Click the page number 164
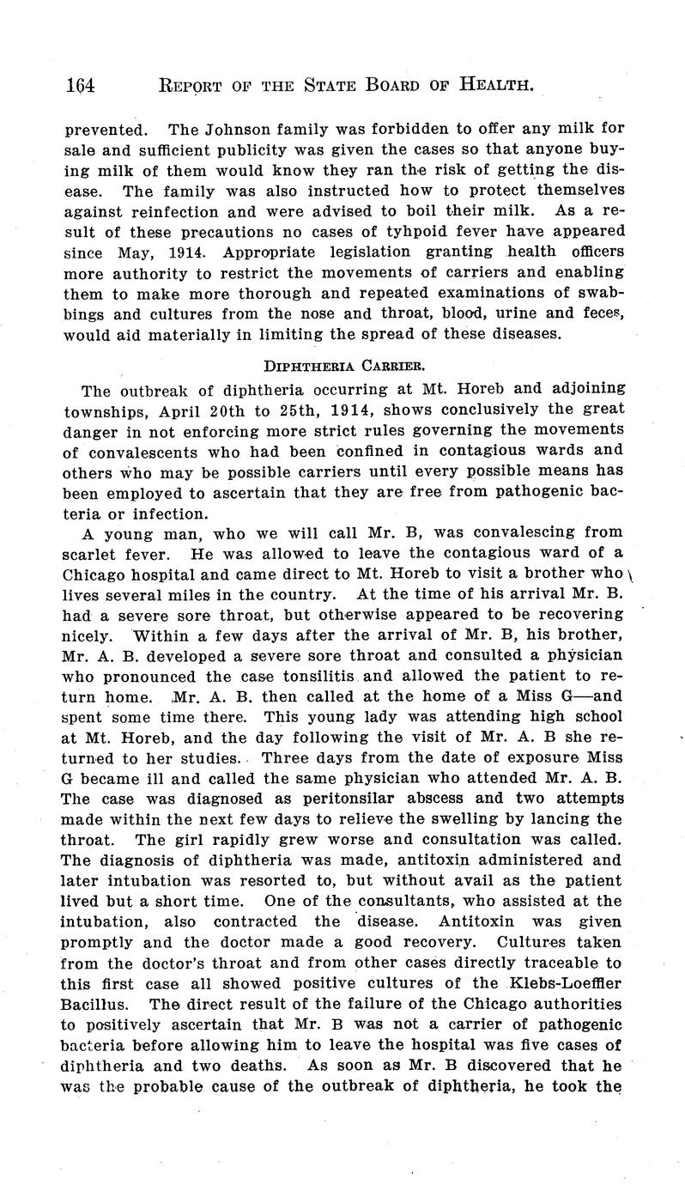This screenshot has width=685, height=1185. [79, 84]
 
